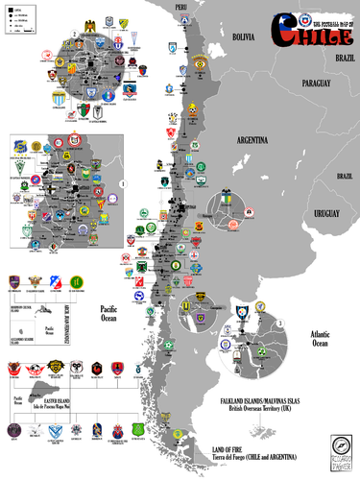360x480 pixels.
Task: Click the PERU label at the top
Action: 180,7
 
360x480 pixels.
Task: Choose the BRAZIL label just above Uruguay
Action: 344,177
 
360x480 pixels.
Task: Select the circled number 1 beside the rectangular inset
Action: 122,182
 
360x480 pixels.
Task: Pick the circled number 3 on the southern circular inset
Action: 279,324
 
